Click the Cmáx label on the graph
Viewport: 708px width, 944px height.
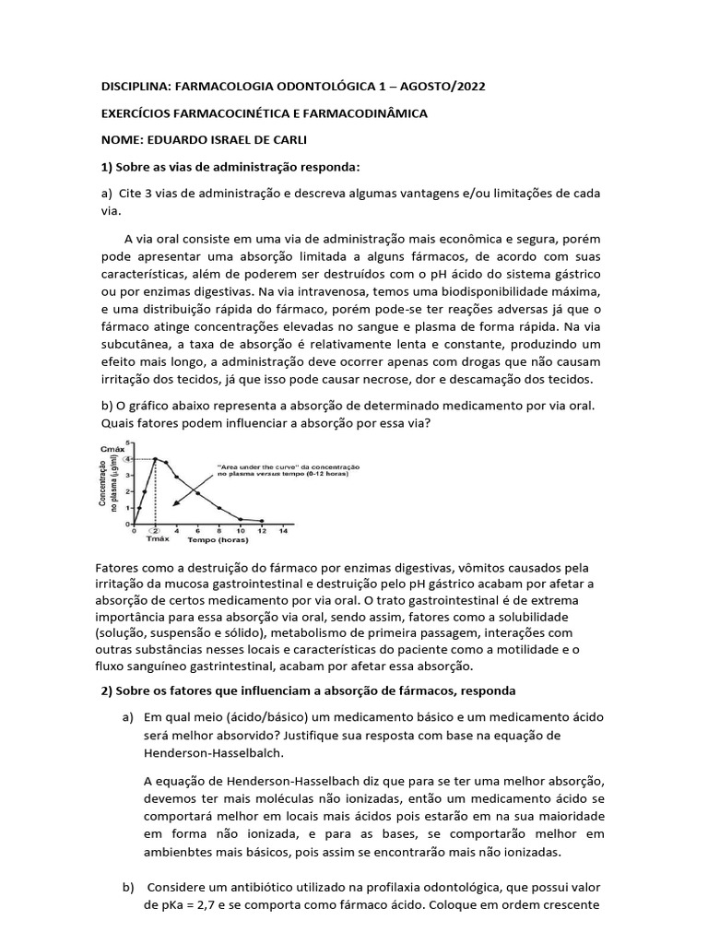tap(111, 449)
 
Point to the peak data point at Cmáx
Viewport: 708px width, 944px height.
tap(156, 458)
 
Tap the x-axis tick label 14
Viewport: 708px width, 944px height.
tap(283, 531)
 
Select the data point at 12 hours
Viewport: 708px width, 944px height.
tap(262, 521)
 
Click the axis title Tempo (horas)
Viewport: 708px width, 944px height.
tap(214, 541)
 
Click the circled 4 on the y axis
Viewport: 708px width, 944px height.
tap(127, 458)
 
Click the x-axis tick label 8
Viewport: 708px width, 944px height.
tap(219, 531)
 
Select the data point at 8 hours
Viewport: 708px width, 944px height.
tap(219, 508)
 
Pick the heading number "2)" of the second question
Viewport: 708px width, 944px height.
tap(105, 690)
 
